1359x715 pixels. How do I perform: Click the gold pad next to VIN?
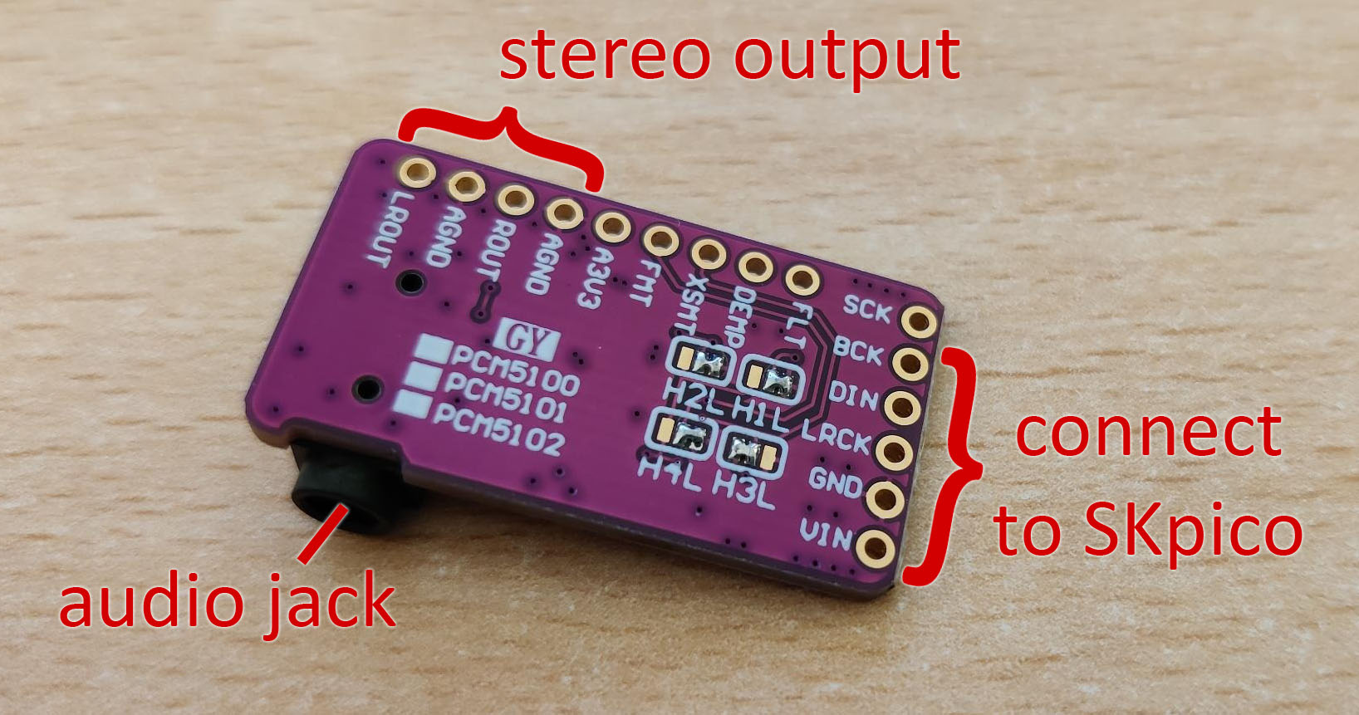tap(875, 547)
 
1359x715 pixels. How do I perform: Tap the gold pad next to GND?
tap(885, 498)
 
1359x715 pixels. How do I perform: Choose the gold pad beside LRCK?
tap(894, 451)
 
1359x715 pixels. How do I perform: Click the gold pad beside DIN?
tap(901, 407)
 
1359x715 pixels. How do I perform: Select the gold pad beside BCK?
tap(910, 363)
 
